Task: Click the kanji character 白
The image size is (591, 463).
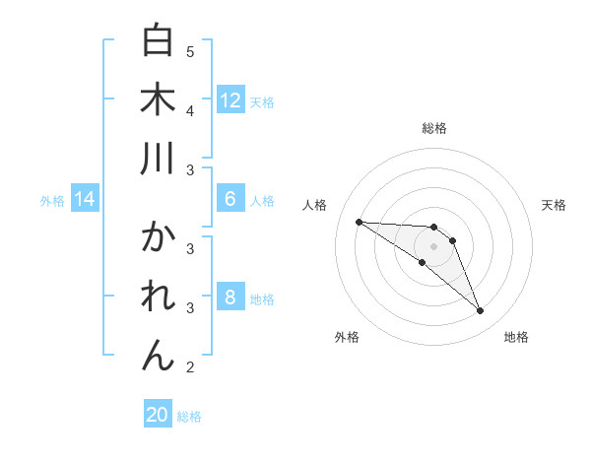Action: coord(159,40)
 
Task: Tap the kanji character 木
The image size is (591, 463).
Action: coord(159,99)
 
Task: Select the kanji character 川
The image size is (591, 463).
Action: coord(159,159)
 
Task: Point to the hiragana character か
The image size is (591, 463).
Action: coord(159,237)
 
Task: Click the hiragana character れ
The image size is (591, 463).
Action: coord(159,297)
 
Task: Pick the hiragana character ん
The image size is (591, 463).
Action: coord(159,356)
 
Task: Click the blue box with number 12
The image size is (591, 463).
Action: coord(230,100)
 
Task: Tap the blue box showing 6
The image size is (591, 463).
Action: coord(230,199)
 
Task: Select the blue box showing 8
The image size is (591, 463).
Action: coord(230,298)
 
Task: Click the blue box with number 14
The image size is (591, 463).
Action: coord(85,200)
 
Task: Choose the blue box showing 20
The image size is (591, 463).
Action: coord(158,415)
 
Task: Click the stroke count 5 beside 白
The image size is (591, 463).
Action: coord(190,51)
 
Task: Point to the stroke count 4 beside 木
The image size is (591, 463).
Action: coord(190,110)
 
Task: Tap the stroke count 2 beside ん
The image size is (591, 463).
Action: coord(190,367)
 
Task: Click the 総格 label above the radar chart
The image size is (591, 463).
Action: coord(434,128)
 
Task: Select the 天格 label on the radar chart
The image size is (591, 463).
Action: coord(555,205)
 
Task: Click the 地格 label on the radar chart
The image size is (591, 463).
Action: coord(516,337)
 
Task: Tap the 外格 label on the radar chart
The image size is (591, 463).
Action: coord(347,337)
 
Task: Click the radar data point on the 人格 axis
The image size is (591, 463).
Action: coord(359,222)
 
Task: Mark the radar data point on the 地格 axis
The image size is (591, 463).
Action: coord(481,311)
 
